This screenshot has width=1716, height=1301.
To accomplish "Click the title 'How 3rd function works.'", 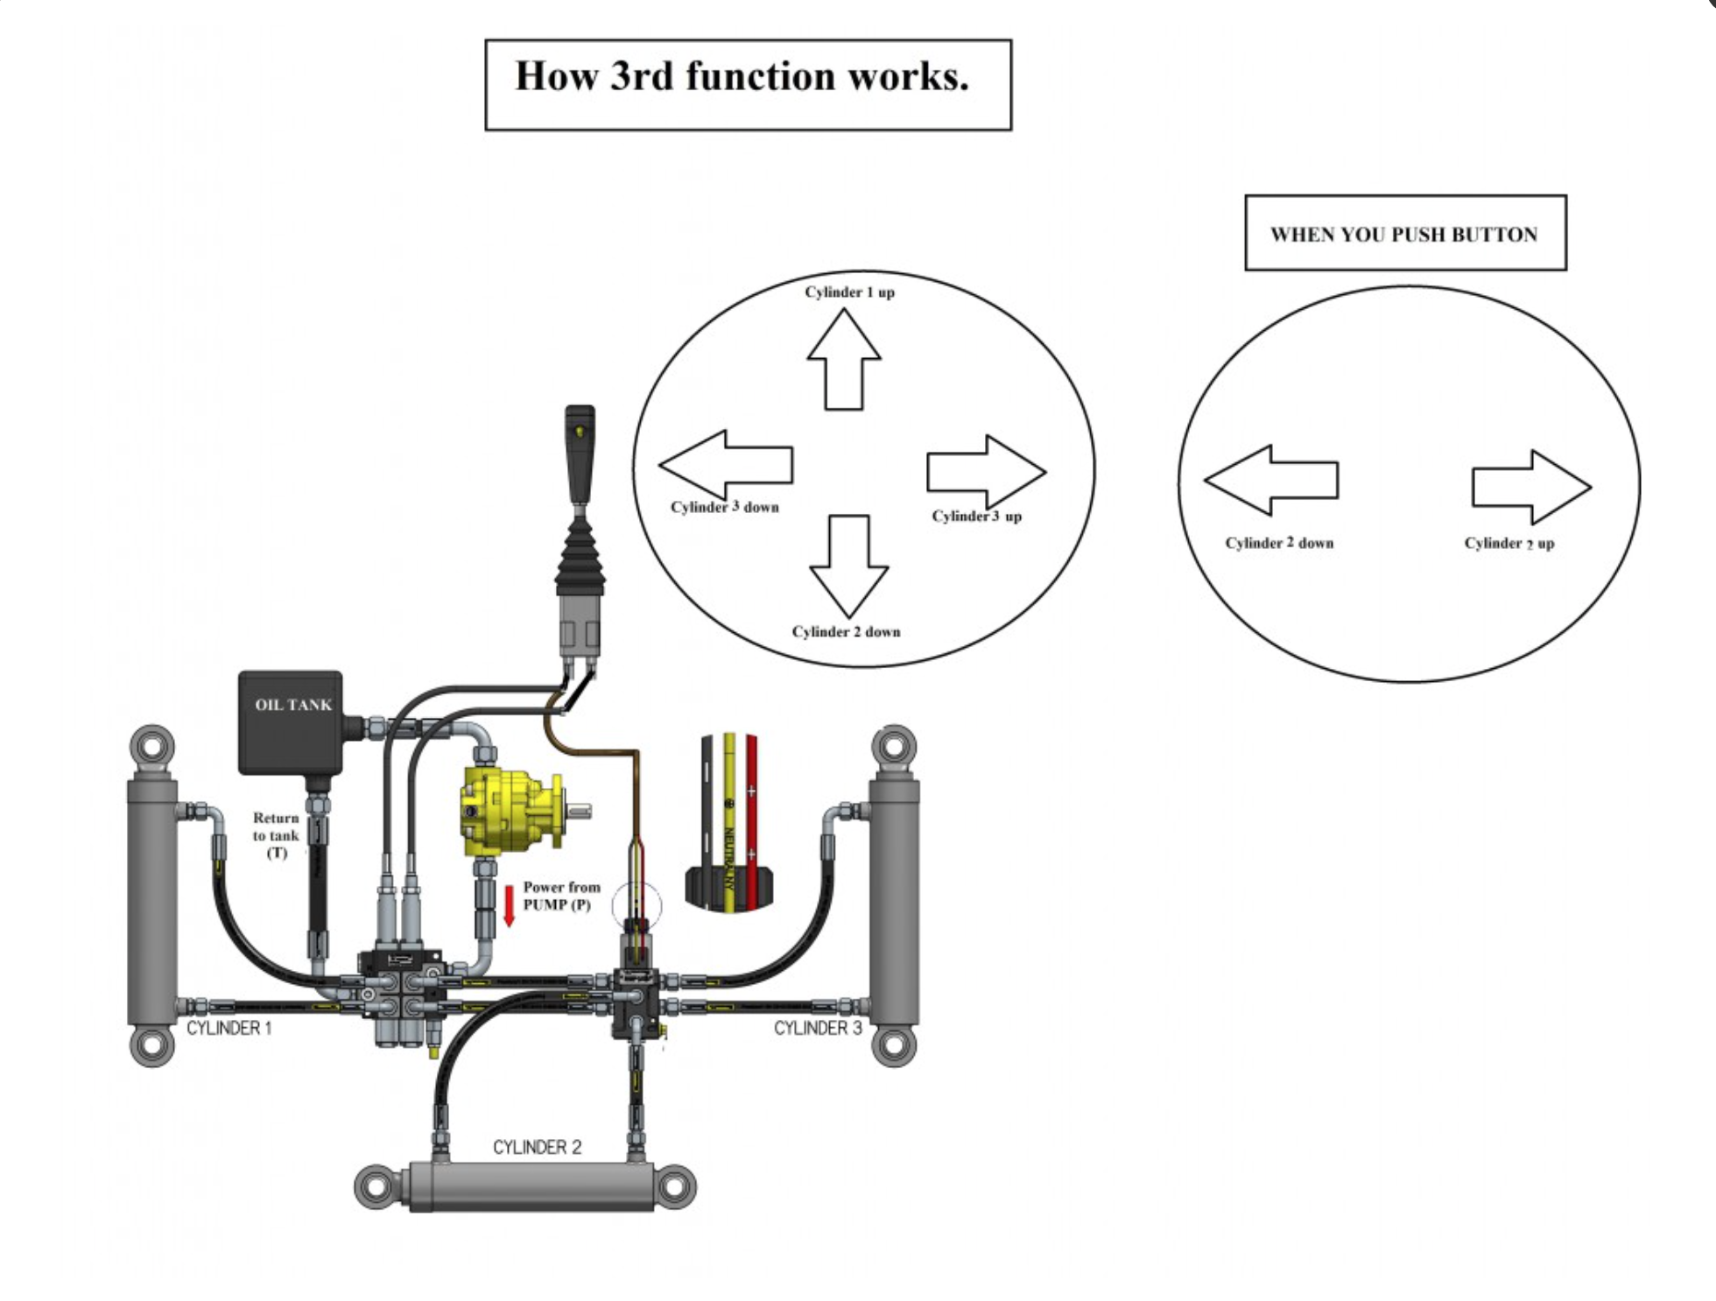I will [x=742, y=77].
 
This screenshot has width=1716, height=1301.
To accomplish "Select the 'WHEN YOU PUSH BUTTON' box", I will [x=1404, y=234].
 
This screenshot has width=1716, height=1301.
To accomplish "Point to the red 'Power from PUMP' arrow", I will [x=509, y=906].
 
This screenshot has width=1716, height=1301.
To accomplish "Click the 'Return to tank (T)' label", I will [x=276, y=835].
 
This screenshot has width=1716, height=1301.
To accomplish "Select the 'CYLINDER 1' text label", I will [x=229, y=1028].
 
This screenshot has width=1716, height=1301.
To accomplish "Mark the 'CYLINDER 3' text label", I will [x=818, y=1028].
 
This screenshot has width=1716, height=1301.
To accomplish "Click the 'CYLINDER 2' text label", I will [x=537, y=1147].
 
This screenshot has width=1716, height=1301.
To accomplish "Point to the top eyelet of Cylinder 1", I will [x=152, y=747].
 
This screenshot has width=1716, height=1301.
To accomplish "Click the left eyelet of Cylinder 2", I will [x=376, y=1186].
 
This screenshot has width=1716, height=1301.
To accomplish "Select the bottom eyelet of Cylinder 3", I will [x=894, y=1044].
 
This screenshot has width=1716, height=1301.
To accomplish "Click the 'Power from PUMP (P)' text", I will [x=561, y=896].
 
